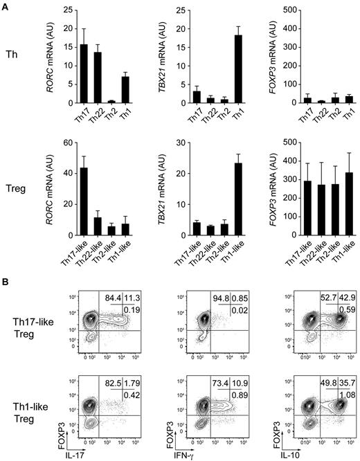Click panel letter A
tap(6, 6)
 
